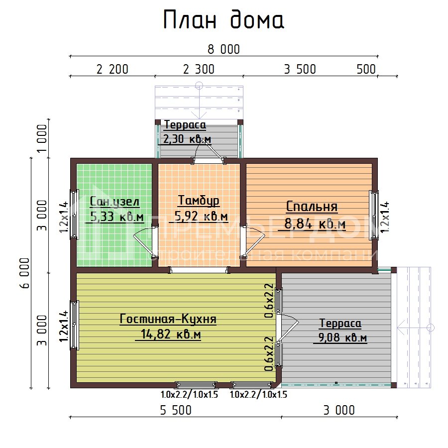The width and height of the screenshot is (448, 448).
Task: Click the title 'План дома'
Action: tap(224, 20)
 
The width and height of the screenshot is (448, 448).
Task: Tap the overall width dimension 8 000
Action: tap(223, 49)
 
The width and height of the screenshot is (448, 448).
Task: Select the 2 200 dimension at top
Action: tap(112, 70)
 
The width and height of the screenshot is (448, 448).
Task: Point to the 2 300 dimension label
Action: tap(199, 70)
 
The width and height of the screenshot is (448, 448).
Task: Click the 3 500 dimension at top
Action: tap(300, 70)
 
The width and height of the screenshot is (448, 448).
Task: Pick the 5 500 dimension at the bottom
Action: tap(175, 410)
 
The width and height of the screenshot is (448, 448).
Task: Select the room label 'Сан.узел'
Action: tap(114, 202)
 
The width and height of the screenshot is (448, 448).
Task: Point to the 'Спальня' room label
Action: tap(312, 207)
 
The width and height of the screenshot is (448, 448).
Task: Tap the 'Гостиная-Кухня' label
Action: tap(168, 319)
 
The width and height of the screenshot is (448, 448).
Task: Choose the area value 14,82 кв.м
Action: tap(168, 335)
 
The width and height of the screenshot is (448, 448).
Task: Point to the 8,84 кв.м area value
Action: tap(315, 224)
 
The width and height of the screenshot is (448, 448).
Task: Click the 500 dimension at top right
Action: tap(366, 70)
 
